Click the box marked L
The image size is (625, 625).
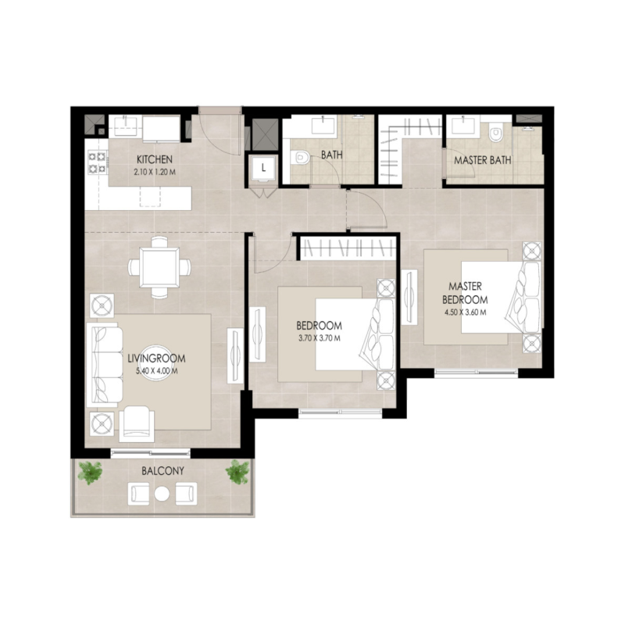pos(263,167)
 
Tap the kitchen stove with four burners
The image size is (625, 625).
pos(98,162)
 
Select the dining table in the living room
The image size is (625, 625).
pos(159,266)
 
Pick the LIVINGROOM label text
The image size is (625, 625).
pos(156,359)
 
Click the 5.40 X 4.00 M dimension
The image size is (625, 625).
pos(156,371)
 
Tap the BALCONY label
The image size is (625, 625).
pos(162,471)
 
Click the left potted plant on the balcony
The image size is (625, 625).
pos(91,472)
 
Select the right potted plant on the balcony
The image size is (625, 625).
pos(237,471)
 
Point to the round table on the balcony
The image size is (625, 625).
pos(162,494)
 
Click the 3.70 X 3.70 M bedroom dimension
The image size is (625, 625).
pos(320,337)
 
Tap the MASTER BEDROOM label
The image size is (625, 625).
pos(464,293)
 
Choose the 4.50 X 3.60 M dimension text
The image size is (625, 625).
pos(464,312)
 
